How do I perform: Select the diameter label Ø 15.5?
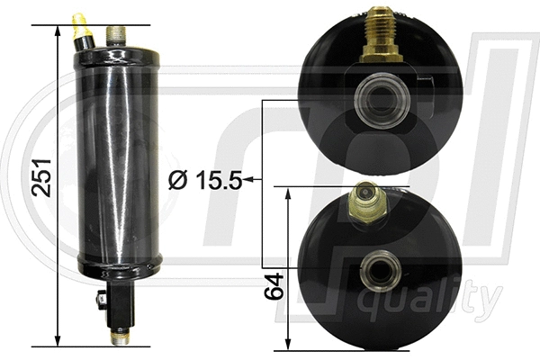click(205, 180)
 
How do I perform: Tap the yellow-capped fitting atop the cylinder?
click(82, 30)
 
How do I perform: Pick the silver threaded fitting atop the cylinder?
click(114, 35)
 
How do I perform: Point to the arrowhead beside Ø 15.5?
click(248, 180)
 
